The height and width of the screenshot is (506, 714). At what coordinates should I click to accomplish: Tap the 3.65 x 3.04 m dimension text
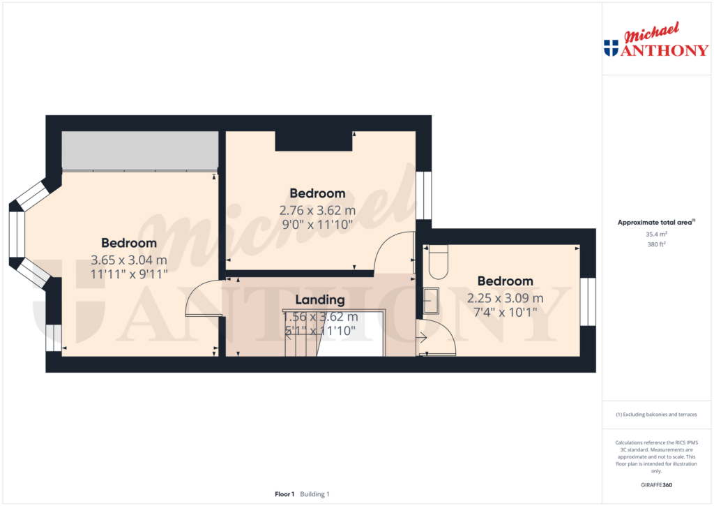(x=129, y=260)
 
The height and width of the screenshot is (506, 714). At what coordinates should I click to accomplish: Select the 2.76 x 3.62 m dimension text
(x=317, y=209)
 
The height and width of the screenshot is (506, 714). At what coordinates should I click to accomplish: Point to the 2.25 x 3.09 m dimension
(x=505, y=297)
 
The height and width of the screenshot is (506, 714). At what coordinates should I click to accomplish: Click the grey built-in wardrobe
(x=140, y=150)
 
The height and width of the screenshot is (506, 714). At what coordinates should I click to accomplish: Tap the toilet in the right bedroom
(x=438, y=262)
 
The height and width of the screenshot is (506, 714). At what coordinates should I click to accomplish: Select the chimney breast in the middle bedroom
(x=313, y=140)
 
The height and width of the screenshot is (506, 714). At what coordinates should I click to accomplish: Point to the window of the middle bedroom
(x=423, y=195)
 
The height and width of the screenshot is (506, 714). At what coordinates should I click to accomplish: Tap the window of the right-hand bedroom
(x=588, y=302)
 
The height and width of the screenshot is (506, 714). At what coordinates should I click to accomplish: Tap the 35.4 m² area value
(x=656, y=235)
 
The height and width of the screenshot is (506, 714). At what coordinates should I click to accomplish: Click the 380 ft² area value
(x=656, y=245)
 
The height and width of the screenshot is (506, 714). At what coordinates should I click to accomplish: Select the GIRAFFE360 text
(x=656, y=485)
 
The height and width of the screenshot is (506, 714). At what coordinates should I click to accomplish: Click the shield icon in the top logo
(x=611, y=48)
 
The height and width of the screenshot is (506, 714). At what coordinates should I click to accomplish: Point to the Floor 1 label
(x=284, y=494)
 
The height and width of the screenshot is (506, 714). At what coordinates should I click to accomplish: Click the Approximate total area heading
(x=655, y=223)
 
